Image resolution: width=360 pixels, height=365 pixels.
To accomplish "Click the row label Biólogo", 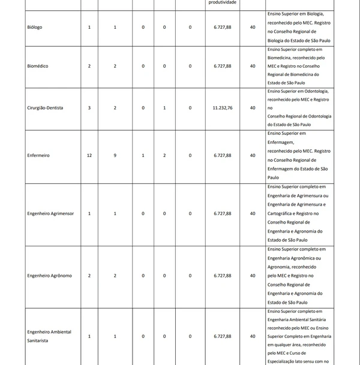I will [x=35, y=28].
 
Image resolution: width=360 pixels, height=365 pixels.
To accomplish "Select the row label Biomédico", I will [x=38, y=66].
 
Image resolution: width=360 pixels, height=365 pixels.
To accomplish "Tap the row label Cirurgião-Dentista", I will [x=46, y=108].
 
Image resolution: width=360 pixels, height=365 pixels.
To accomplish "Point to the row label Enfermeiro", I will [x=38, y=155].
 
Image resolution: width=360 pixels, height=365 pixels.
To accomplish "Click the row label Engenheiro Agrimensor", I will [x=51, y=213].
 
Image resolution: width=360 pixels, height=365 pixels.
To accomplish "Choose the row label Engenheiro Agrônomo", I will [x=50, y=276].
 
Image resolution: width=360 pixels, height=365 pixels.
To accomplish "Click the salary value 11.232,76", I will [x=222, y=108].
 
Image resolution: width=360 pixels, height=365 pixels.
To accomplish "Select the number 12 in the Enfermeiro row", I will [x=89, y=155].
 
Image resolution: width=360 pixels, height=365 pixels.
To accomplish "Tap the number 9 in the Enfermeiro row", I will [x=115, y=155].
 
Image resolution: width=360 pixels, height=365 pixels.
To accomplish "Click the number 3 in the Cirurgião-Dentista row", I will [x=89, y=108].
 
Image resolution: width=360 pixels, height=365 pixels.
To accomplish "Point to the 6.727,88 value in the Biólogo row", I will [x=222, y=28].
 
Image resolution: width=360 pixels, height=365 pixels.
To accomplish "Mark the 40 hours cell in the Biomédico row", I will [x=252, y=66].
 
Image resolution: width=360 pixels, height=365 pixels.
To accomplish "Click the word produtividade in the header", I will [x=222, y=3].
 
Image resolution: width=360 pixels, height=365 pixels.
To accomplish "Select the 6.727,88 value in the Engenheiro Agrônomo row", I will [x=222, y=276].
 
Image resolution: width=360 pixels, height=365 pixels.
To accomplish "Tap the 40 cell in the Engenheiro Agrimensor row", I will [x=252, y=213].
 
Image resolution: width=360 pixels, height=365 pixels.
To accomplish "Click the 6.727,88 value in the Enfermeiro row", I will [x=222, y=155].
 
